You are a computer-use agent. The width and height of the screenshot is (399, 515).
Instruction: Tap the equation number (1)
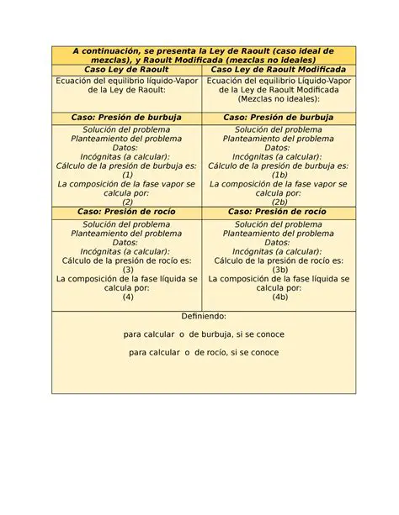(127, 174)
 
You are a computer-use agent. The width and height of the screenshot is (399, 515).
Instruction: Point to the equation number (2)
(127, 202)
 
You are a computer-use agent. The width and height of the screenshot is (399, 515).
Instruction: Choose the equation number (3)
(127, 270)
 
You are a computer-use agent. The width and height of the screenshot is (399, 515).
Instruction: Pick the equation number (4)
(127, 297)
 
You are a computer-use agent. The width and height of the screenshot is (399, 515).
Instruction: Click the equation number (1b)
(279, 174)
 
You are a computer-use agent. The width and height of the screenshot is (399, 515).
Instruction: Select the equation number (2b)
(279, 202)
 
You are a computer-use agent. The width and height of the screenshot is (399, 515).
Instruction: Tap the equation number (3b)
(279, 270)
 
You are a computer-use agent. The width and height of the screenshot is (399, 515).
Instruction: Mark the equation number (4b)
(279, 297)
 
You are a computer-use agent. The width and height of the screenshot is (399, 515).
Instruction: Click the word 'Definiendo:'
(204, 316)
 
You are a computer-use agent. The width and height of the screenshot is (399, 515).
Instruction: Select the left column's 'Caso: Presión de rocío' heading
(127, 213)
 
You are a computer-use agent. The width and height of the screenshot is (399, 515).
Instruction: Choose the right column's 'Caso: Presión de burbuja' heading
(279, 118)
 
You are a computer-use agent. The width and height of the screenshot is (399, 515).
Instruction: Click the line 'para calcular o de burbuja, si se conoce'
(204, 334)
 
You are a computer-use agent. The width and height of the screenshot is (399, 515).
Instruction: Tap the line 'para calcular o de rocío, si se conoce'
(204, 353)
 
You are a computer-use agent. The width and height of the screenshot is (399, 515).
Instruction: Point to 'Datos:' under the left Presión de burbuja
(127, 147)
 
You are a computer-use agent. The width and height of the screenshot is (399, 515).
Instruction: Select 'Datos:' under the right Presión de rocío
(279, 242)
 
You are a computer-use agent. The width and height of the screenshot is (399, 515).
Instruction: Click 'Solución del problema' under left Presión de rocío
(127, 224)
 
